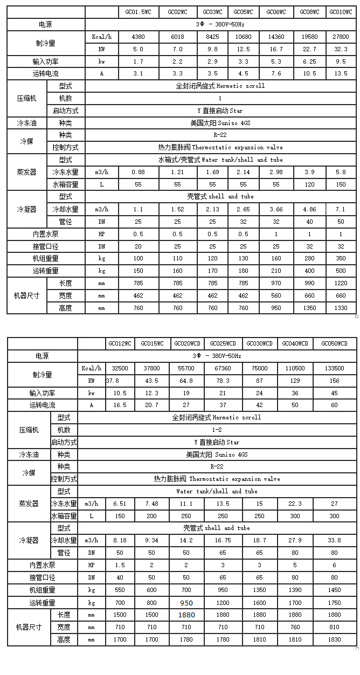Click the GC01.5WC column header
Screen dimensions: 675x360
[x=138, y=12]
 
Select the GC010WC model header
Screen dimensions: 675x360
[x=341, y=12]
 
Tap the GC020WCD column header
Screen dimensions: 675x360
[x=186, y=343]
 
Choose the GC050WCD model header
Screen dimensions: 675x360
[x=334, y=343]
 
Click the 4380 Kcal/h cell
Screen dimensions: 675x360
[x=138, y=37]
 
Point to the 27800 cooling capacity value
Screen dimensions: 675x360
[x=341, y=37]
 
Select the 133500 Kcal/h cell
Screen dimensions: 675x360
[x=334, y=368]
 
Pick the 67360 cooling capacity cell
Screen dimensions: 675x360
[x=223, y=368]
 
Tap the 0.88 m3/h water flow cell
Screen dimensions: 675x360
[x=138, y=172]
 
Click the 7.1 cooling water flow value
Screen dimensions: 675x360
[x=341, y=209]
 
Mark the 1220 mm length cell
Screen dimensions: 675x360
[x=341, y=283]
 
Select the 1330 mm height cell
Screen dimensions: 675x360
[x=341, y=308]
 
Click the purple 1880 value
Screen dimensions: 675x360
[x=186, y=615]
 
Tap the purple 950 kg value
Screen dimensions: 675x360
[x=186, y=603]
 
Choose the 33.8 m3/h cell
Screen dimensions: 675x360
[x=334, y=540]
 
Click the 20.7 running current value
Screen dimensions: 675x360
[x=152, y=405]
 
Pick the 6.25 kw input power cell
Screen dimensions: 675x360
[x=309, y=61]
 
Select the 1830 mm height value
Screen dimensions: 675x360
[x=334, y=639]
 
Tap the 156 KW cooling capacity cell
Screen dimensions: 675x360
[x=334, y=381]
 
